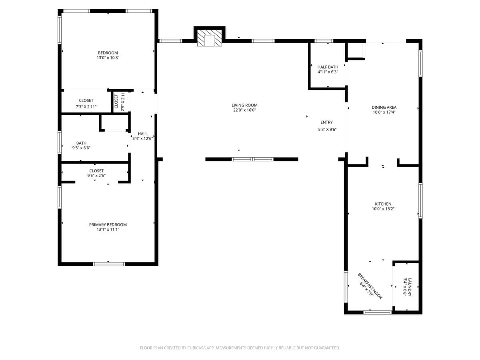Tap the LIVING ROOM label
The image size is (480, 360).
(x=244, y=105)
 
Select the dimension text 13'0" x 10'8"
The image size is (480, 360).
(x=108, y=58)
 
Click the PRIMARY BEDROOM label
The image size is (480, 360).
(x=108, y=225)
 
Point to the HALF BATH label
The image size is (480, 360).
(x=328, y=67)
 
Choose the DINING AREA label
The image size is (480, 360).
(x=384, y=107)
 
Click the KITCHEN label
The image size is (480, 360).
(x=383, y=204)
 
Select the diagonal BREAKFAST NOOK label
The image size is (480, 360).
(x=370, y=286)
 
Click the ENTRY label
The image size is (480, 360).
(x=326, y=122)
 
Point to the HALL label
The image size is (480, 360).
(x=142, y=134)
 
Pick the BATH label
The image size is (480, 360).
(x=81, y=143)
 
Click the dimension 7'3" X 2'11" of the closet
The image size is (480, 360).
(x=86, y=107)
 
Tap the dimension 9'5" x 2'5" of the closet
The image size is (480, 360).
(x=96, y=176)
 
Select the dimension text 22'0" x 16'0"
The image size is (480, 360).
(x=244, y=110)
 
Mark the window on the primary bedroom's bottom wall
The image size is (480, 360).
(x=109, y=264)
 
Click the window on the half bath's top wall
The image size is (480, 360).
(x=324, y=41)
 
